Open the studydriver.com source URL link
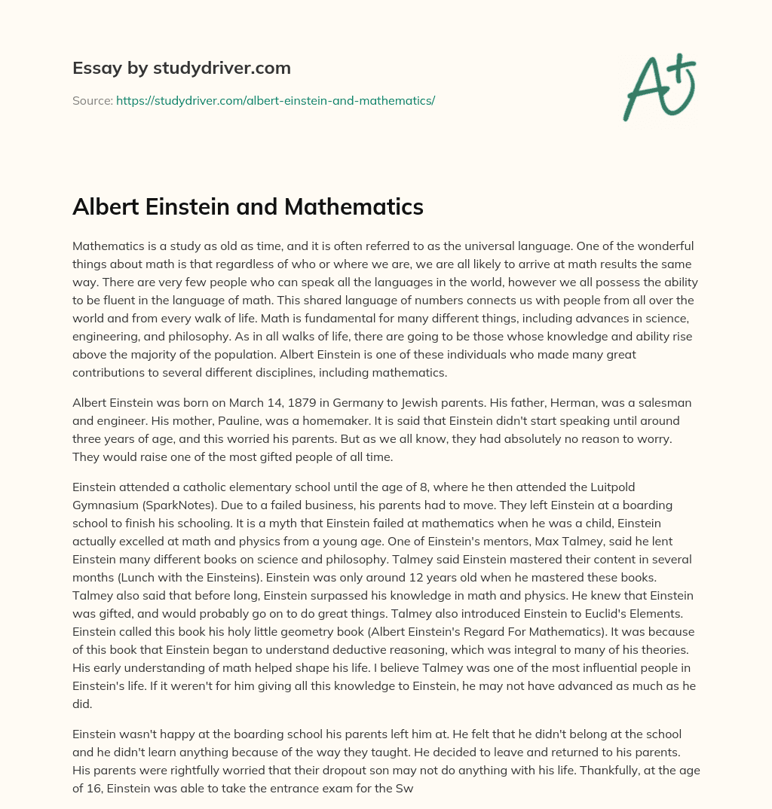coord(275,100)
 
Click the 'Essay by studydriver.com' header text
coord(181,69)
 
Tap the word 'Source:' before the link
coord(92,100)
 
